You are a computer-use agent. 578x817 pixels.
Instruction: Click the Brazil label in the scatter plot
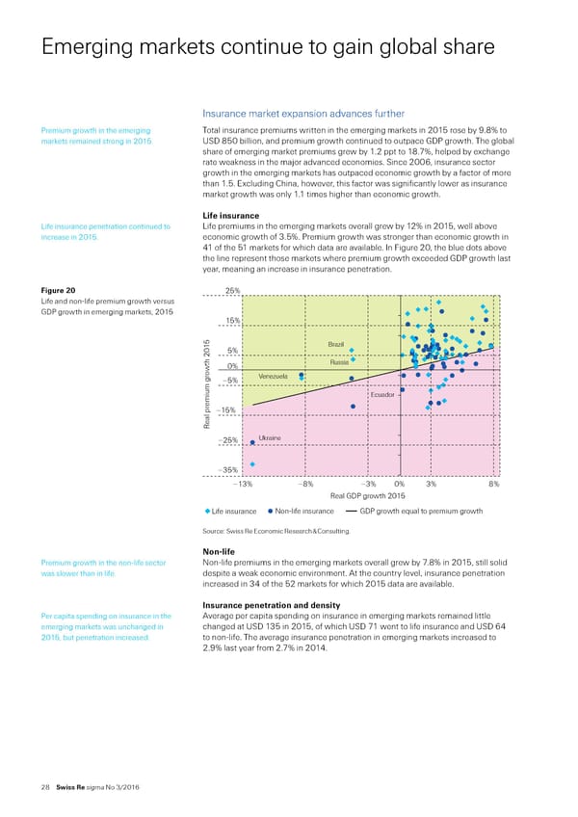click(336, 344)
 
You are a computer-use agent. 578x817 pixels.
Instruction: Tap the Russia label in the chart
click(338, 362)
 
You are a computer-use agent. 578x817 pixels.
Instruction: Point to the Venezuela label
click(275, 376)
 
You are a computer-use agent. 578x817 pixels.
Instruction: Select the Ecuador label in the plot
click(383, 395)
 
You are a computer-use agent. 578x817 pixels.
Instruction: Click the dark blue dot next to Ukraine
click(252, 442)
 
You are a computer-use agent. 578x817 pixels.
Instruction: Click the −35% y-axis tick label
click(229, 470)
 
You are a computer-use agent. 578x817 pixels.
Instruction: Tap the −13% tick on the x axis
click(244, 485)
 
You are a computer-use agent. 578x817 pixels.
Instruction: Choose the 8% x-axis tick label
click(493, 485)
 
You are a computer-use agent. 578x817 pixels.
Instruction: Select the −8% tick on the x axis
click(305, 485)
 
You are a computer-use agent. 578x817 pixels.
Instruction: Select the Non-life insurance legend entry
click(302, 511)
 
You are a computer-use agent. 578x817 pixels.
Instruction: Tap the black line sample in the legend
click(354, 511)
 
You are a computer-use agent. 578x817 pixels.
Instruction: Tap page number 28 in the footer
click(32, 788)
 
